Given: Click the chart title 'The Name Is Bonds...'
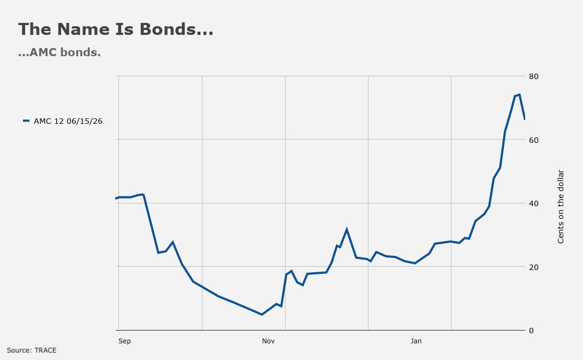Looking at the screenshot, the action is [116, 29].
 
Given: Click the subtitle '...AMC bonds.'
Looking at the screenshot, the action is [60, 52].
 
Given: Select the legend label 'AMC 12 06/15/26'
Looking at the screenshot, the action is [68, 121].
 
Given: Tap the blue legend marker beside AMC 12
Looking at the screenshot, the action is [26, 121].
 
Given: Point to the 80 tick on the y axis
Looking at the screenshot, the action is [533, 76].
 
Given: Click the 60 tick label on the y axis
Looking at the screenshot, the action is [533, 140].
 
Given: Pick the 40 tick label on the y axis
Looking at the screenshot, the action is [533, 203].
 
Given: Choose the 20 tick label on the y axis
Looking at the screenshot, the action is [533, 267].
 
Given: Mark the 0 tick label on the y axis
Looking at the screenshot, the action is [531, 331].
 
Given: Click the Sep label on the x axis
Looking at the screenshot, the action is [124, 341].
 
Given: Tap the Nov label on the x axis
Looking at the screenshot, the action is [268, 341].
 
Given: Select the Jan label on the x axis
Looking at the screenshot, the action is [416, 341].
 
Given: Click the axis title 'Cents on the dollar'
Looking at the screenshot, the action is [561, 207].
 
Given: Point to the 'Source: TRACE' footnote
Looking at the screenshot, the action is [32, 350].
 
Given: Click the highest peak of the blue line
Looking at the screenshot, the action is [519, 95].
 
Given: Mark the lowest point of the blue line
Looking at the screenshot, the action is [262, 314].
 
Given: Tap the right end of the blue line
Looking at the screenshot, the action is [524, 119].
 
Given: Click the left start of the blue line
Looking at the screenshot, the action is [116, 199].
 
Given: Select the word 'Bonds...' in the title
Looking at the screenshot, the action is [177, 29].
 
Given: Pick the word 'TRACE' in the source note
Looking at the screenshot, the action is [45, 350].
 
